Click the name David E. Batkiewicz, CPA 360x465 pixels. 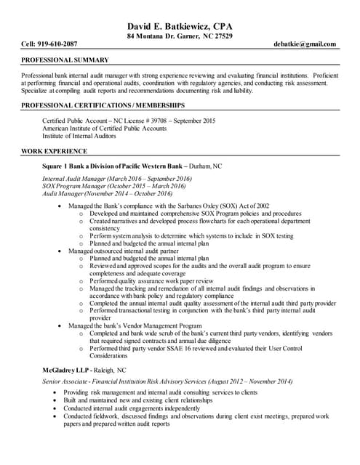pos(180,26)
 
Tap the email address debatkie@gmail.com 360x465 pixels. pos(306,44)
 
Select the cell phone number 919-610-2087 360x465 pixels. pos(62,44)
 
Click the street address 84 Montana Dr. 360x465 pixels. pos(153,36)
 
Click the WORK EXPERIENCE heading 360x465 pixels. pos(54,151)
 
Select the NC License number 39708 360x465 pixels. pos(159,120)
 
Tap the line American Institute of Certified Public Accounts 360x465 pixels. pos(105,128)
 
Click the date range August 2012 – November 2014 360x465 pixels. pos(244,381)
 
